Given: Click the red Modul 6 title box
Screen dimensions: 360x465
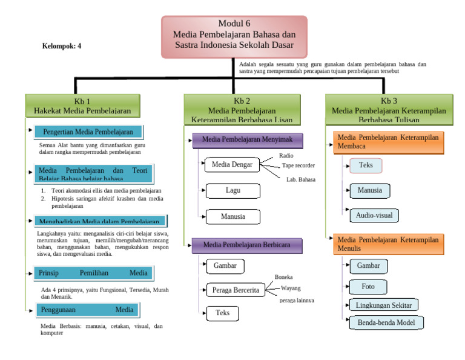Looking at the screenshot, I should (234, 36).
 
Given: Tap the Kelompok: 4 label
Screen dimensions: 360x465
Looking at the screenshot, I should (61, 46).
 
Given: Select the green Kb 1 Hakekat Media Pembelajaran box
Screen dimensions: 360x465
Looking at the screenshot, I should (82, 105).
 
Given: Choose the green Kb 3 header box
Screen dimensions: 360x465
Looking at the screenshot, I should (389, 105).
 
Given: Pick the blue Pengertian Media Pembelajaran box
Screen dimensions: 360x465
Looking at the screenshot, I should (88, 132).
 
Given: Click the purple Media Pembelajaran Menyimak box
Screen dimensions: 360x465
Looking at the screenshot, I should (247, 140).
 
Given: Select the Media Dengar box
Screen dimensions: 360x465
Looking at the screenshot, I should (232, 164).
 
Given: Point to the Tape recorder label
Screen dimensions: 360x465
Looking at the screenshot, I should (298, 165).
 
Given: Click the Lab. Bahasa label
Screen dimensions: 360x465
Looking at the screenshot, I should (301, 179).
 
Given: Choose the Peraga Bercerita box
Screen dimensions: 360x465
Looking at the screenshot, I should (236, 290).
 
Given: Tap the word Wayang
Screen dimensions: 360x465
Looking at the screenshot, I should (291, 288).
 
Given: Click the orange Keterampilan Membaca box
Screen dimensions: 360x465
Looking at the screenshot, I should (388, 142).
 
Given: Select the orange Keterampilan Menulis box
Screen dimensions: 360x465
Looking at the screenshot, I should (388, 244).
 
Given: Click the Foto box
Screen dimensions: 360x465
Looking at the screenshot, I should (368, 287).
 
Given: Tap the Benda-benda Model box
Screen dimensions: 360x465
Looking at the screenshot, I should (386, 322).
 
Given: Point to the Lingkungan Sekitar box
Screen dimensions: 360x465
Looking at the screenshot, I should (384, 305).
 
